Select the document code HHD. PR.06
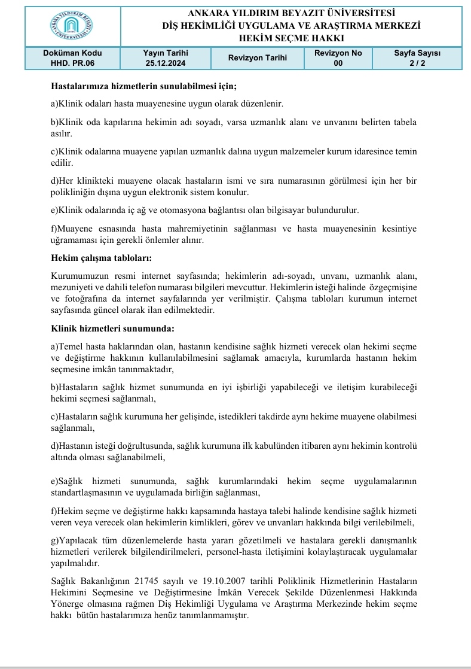pos(69,62)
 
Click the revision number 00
pos(338,62)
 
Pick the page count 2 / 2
pos(417,62)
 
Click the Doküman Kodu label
pos(69,53)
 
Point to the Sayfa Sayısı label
pos(417,53)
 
